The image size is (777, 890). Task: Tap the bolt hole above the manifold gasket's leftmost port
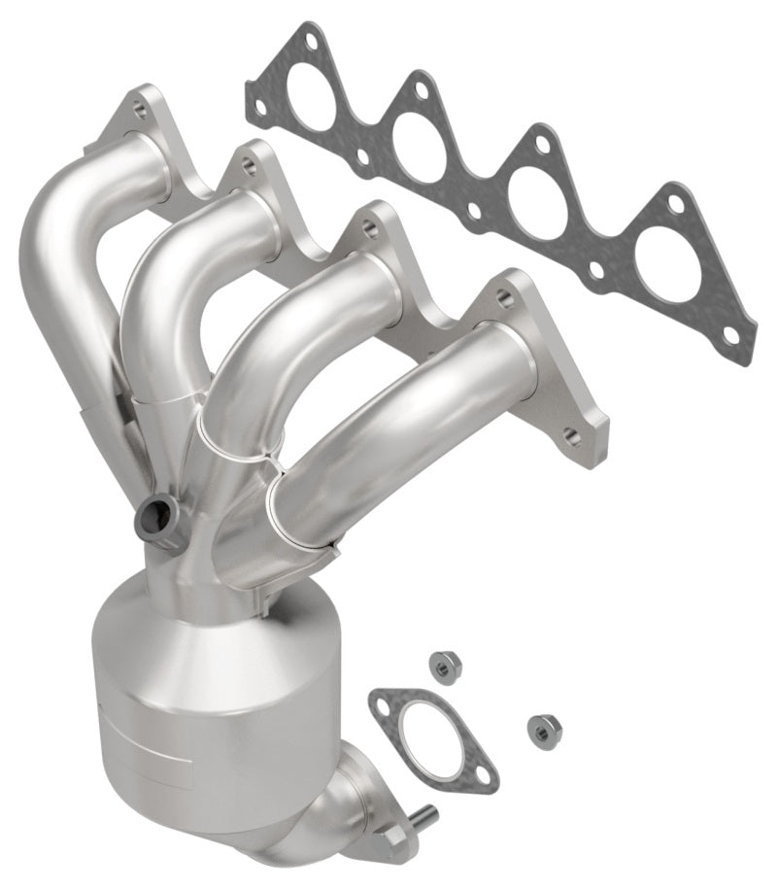tap(309, 41)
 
